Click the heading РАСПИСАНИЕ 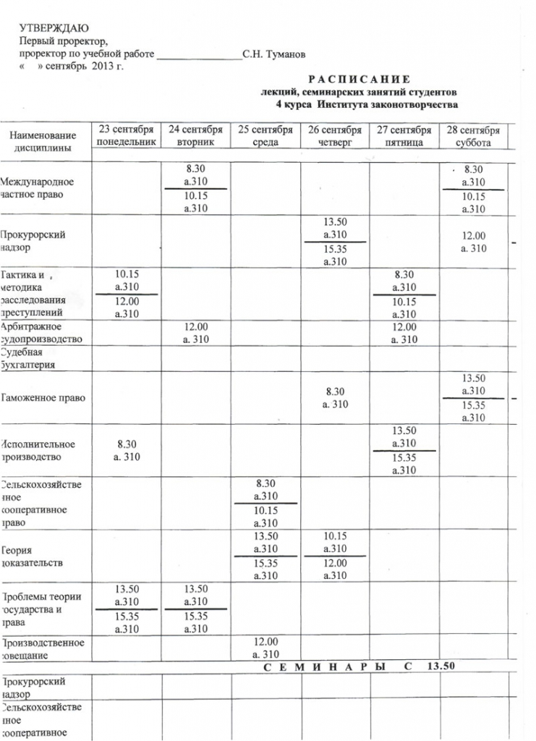click(x=359, y=79)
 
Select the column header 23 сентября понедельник click(x=126, y=136)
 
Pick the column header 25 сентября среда click(x=265, y=136)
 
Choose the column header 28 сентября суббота click(x=473, y=136)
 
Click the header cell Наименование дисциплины click(x=43, y=142)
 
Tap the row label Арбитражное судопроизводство click(x=41, y=332)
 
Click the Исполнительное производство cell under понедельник click(x=126, y=450)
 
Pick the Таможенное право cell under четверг click(x=334, y=397)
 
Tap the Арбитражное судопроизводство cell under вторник click(x=195, y=332)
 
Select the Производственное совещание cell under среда click(x=265, y=648)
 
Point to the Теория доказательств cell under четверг click(x=334, y=556)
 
